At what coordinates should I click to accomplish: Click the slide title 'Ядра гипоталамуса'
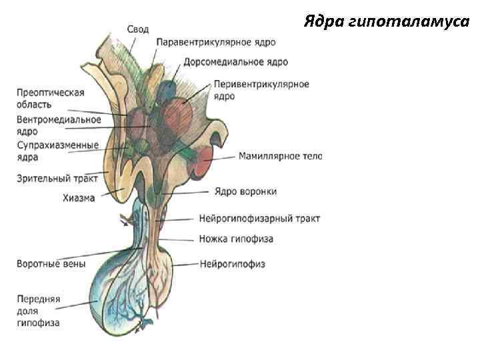point(387,22)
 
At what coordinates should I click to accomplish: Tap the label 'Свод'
point(138,29)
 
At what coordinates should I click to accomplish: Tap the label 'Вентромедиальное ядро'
point(59,125)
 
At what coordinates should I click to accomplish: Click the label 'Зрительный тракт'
point(57,178)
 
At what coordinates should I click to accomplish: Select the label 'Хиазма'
point(79,197)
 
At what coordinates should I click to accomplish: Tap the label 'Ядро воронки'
point(245,191)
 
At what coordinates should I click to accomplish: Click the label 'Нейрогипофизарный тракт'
point(259,218)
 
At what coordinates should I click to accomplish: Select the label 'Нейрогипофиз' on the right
point(233,264)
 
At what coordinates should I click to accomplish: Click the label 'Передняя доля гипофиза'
point(39,311)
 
